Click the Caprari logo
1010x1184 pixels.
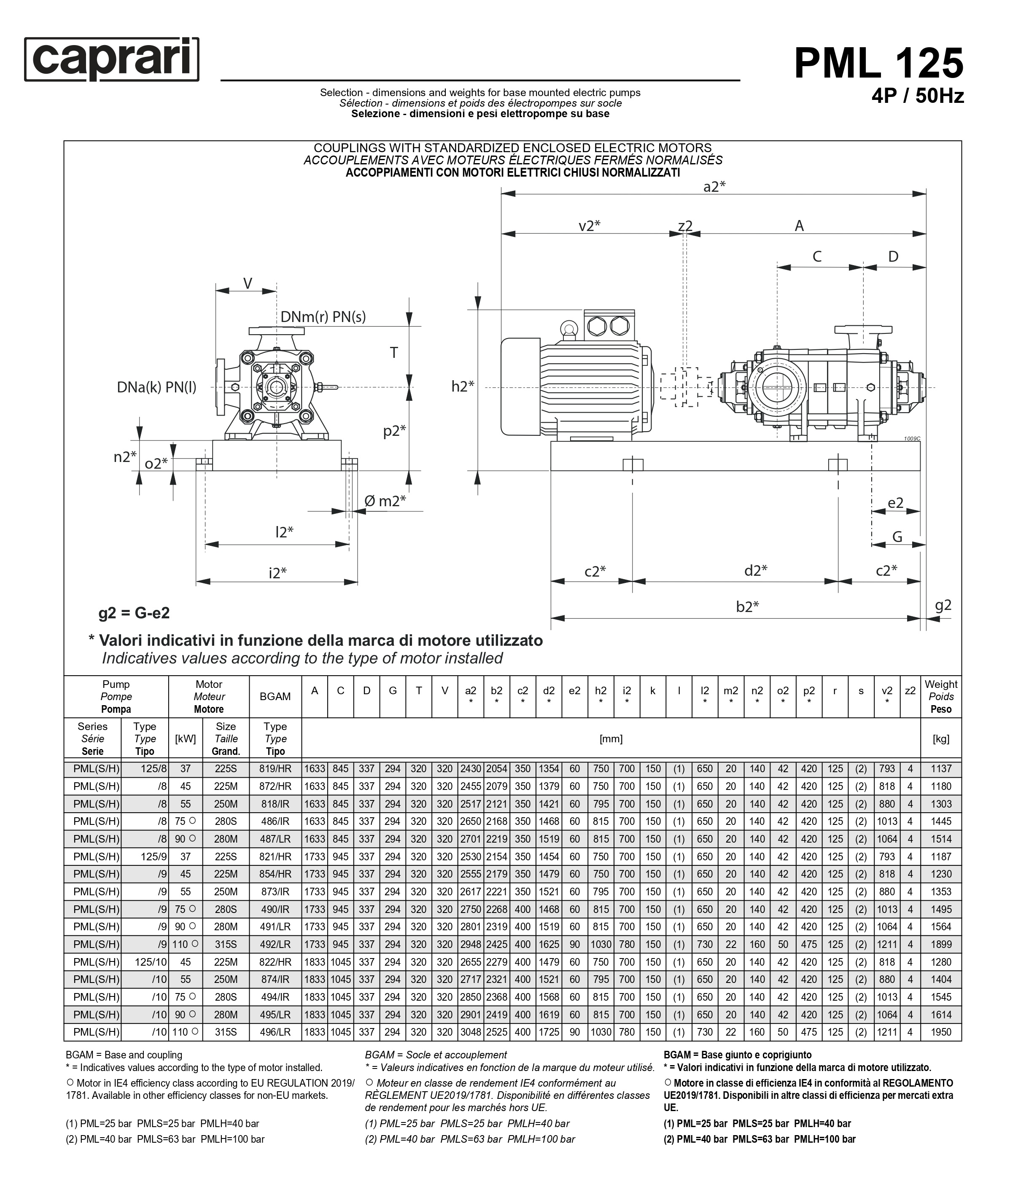tap(111, 59)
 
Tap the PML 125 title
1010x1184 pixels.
tap(878, 63)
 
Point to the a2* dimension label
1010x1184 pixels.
tap(714, 187)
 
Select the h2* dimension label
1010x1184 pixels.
tap(463, 387)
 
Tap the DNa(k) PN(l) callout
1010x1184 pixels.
tap(156, 387)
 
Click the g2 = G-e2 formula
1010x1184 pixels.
tap(134, 613)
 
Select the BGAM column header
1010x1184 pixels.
tap(275, 697)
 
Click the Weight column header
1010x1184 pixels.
tap(940, 697)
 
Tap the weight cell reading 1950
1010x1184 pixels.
tap(941, 1032)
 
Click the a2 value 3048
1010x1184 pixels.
tap(470, 1032)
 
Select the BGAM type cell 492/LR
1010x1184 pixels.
tap(275, 945)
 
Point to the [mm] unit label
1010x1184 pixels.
tap(611, 739)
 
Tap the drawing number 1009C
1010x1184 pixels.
tap(912, 438)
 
